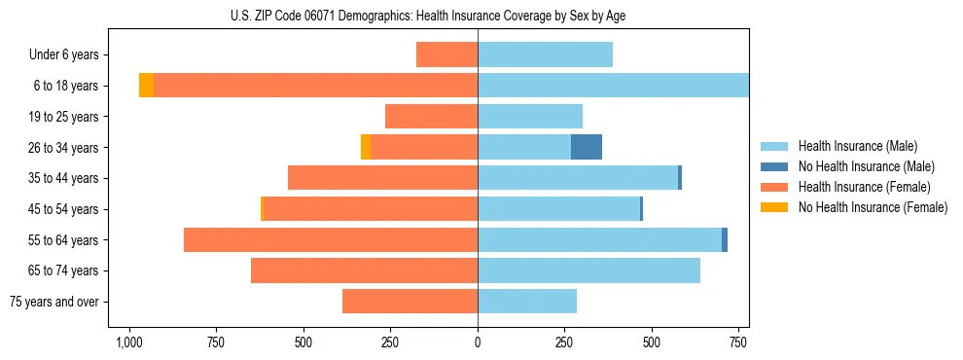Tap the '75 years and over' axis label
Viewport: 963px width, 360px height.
click(x=54, y=302)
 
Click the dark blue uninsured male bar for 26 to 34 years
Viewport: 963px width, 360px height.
click(x=587, y=147)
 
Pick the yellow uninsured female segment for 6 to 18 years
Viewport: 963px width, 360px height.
click(x=146, y=86)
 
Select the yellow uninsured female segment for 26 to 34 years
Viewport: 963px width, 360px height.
click(x=366, y=147)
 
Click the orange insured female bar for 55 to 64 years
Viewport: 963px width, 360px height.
click(x=331, y=239)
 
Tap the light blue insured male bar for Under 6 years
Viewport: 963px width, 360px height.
click(x=545, y=54)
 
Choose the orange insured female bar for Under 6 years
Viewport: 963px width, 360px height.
click(x=446, y=54)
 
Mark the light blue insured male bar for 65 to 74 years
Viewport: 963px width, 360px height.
click(x=588, y=270)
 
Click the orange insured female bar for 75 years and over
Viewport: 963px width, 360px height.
click(x=410, y=302)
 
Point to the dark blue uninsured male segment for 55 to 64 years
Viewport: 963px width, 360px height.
click(x=725, y=239)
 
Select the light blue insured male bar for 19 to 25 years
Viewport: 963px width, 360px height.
click(x=530, y=117)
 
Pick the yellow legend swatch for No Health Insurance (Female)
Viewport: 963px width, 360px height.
click(x=775, y=207)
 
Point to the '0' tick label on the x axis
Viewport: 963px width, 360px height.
click(x=478, y=343)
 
